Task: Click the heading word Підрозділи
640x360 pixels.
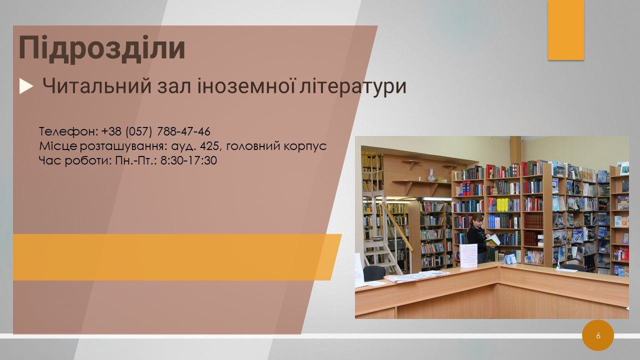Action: pyautogui.click(x=101, y=47)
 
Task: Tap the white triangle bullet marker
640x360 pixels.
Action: pyautogui.click(x=26, y=86)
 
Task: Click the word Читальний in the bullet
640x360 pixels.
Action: pyautogui.click(x=96, y=86)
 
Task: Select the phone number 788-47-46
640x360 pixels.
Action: pyautogui.click(x=183, y=131)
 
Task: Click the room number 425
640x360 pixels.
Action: pyautogui.click(x=209, y=146)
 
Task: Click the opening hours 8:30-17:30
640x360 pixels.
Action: pyautogui.click(x=188, y=160)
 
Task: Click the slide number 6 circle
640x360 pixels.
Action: pyautogui.click(x=598, y=335)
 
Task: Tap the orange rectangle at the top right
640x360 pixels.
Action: pyautogui.click(x=565, y=29)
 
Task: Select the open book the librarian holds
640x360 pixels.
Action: pyautogui.click(x=492, y=240)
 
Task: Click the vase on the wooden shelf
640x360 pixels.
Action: pyautogui.click(x=431, y=174)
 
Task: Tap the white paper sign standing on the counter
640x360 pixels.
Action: pyautogui.click(x=468, y=255)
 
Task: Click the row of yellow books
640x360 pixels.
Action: pyautogui.click(x=503, y=204)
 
